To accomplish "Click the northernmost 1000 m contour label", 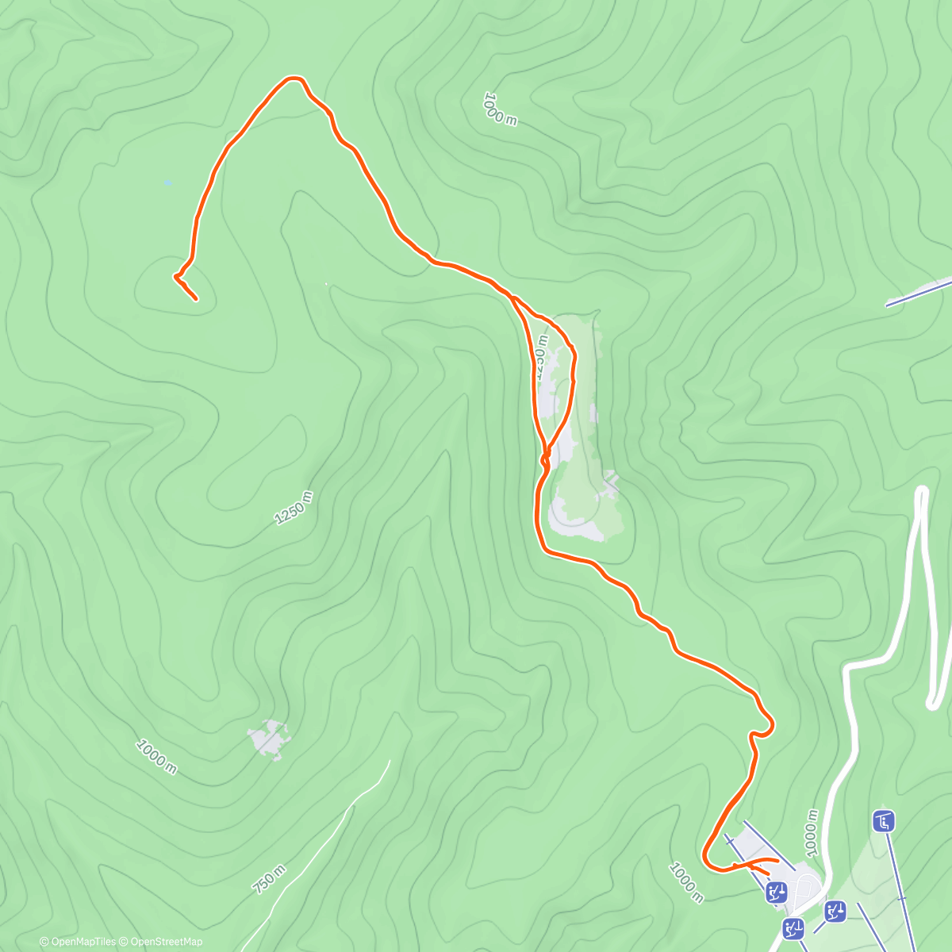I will click(500, 109).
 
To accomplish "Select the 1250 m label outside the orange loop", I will click(294, 508).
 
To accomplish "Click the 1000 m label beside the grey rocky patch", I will click(156, 757).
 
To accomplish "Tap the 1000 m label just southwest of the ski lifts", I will click(686, 881).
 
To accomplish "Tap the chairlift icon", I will click(883, 821).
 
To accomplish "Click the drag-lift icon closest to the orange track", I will click(777, 893).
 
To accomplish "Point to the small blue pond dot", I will click(167, 182).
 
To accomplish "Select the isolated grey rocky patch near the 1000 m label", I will click(268, 739).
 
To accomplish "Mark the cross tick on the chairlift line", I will click(901, 898).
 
